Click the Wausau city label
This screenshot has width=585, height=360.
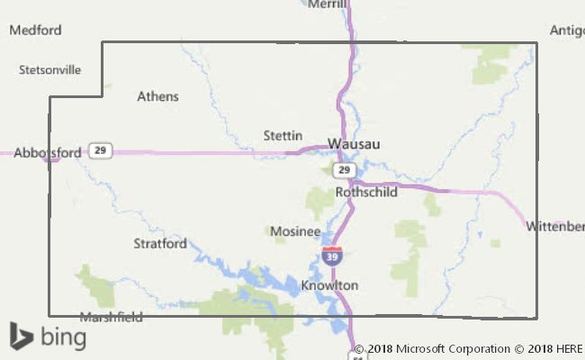[x=354, y=143]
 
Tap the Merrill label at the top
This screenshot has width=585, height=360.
[x=327, y=4]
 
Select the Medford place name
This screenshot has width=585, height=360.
[x=35, y=30]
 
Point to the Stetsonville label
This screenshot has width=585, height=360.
[x=49, y=69]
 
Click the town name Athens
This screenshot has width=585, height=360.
[x=157, y=96]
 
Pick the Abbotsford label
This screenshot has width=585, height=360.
[x=47, y=153]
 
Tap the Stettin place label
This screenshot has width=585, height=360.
[x=283, y=135]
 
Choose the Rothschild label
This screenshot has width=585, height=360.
[x=366, y=193]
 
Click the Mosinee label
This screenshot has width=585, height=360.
[x=295, y=231]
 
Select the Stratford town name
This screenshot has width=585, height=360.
[x=160, y=243]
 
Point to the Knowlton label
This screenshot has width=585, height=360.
[x=329, y=285]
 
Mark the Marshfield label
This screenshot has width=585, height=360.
[x=112, y=317]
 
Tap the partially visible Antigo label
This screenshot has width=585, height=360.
[x=567, y=30]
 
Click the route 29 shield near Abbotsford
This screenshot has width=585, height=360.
[x=101, y=151]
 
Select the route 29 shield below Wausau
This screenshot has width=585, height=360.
[x=343, y=169]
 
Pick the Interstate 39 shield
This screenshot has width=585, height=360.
[x=331, y=256]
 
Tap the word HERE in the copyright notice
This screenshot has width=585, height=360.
[x=568, y=348]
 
